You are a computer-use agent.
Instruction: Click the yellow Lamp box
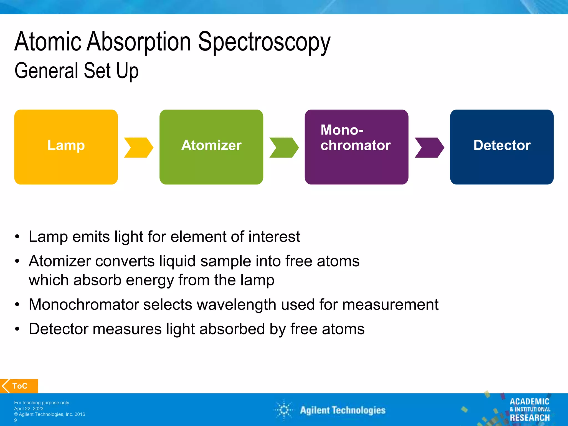[x=66, y=147]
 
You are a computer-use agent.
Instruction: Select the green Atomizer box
[x=211, y=147]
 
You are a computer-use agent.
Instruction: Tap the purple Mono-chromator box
[x=356, y=147]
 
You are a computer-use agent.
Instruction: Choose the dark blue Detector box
[x=502, y=147]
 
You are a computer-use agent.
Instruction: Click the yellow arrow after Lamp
[x=138, y=148]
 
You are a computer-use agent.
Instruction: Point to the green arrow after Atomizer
[x=284, y=148]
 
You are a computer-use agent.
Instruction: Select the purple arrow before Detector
[x=429, y=148]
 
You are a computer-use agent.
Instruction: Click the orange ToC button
[x=19, y=386]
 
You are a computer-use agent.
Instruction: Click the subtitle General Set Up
[x=76, y=71]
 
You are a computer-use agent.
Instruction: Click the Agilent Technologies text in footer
[x=343, y=410]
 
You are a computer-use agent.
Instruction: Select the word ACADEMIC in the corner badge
[x=529, y=401]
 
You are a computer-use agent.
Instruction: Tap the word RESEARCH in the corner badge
[x=530, y=417]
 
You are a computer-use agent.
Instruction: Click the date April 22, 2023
[x=29, y=409]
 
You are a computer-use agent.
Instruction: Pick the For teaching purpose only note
[x=42, y=403]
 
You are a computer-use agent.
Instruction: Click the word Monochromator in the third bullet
[x=83, y=304]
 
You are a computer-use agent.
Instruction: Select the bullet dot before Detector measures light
[x=17, y=329]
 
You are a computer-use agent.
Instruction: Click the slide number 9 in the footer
[x=16, y=420]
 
